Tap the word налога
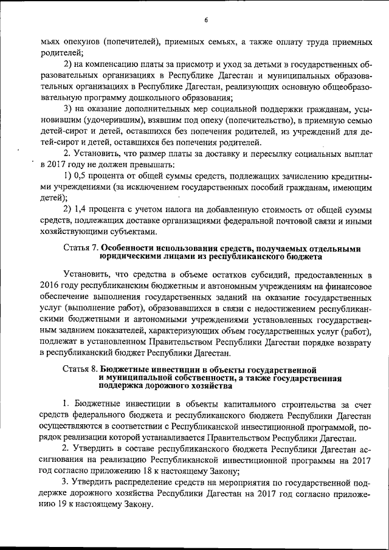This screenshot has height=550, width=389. [x=186, y=210]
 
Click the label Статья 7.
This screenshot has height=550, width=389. [x=80, y=248]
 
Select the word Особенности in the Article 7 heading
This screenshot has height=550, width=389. [x=130, y=248]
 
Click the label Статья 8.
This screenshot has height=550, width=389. [x=80, y=369]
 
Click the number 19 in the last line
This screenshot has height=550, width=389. [x=66, y=504]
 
